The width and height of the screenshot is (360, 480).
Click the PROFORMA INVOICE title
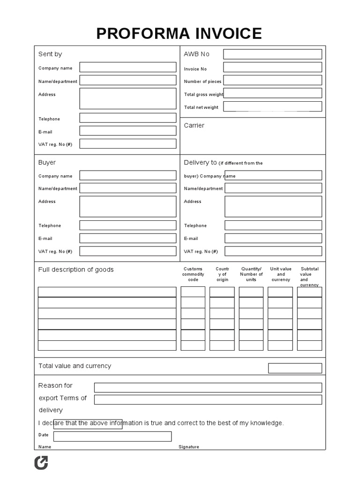179,34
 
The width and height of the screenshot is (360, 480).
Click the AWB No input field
272,54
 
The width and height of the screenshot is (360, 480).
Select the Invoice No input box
272,67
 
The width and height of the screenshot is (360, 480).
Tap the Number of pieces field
272,80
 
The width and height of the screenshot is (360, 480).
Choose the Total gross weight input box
272,93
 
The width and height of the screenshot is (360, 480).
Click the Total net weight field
272,106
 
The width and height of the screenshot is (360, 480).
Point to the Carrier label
194,126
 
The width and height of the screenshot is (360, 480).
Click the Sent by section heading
50,54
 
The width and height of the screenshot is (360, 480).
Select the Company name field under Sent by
127,67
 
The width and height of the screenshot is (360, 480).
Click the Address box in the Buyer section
127,207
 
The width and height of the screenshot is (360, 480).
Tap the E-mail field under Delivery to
273,238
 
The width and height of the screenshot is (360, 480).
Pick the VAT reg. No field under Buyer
127,251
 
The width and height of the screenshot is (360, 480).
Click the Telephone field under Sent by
127,118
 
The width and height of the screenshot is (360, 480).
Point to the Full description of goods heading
76,270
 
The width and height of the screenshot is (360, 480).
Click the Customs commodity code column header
193,274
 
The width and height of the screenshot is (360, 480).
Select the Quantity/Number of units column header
251,274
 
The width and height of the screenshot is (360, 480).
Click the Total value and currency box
295,368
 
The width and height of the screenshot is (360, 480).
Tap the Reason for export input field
208,388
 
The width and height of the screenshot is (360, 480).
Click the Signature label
189,447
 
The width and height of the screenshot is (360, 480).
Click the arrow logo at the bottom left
41,463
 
